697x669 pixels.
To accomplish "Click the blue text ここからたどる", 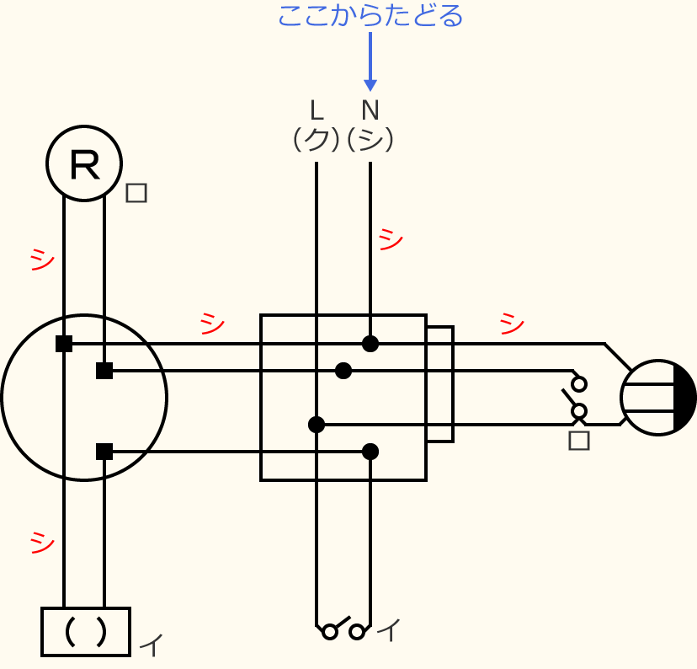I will [x=370, y=15].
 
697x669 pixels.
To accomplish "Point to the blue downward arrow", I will [x=370, y=63].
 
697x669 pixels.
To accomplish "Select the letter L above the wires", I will [x=317, y=110].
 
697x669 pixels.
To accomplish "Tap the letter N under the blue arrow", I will [x=370, y=110].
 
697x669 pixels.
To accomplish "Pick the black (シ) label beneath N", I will [x=370, y=139].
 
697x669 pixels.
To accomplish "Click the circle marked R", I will [x=84, y=163].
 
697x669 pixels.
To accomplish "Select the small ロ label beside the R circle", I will [x=136, y=193].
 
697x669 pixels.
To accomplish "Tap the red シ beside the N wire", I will [x=391, y=239].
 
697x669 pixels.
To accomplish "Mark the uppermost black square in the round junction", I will [x=64, y=344].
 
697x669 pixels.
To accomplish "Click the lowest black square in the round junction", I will [x=104, y=452].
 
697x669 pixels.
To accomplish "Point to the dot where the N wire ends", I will [x=370, y=344].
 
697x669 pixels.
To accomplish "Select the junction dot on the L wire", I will [x=317, y=425].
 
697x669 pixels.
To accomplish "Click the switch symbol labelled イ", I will [x=343, y=629].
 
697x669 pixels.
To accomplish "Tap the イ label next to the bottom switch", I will [x=388, y=629].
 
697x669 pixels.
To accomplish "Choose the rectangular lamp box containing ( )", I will [x=86, y=631].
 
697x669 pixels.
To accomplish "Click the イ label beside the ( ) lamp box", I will [x=151, y=645].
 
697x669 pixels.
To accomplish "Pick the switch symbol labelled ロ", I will [x=577, y=397].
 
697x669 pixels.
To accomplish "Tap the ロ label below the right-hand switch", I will [x=579, y=440].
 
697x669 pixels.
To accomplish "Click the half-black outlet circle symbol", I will [x=658, y=398].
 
